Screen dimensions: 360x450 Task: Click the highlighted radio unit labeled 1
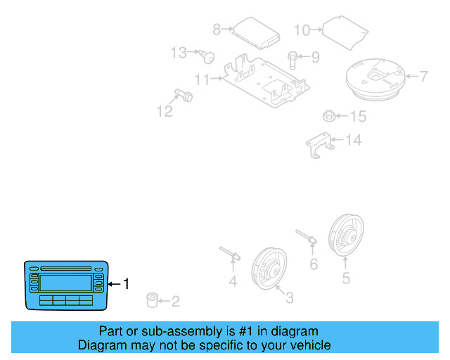coord(67,284)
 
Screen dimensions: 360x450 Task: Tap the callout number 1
coord(127,284)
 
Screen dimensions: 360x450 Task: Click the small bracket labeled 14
coord(328,116)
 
